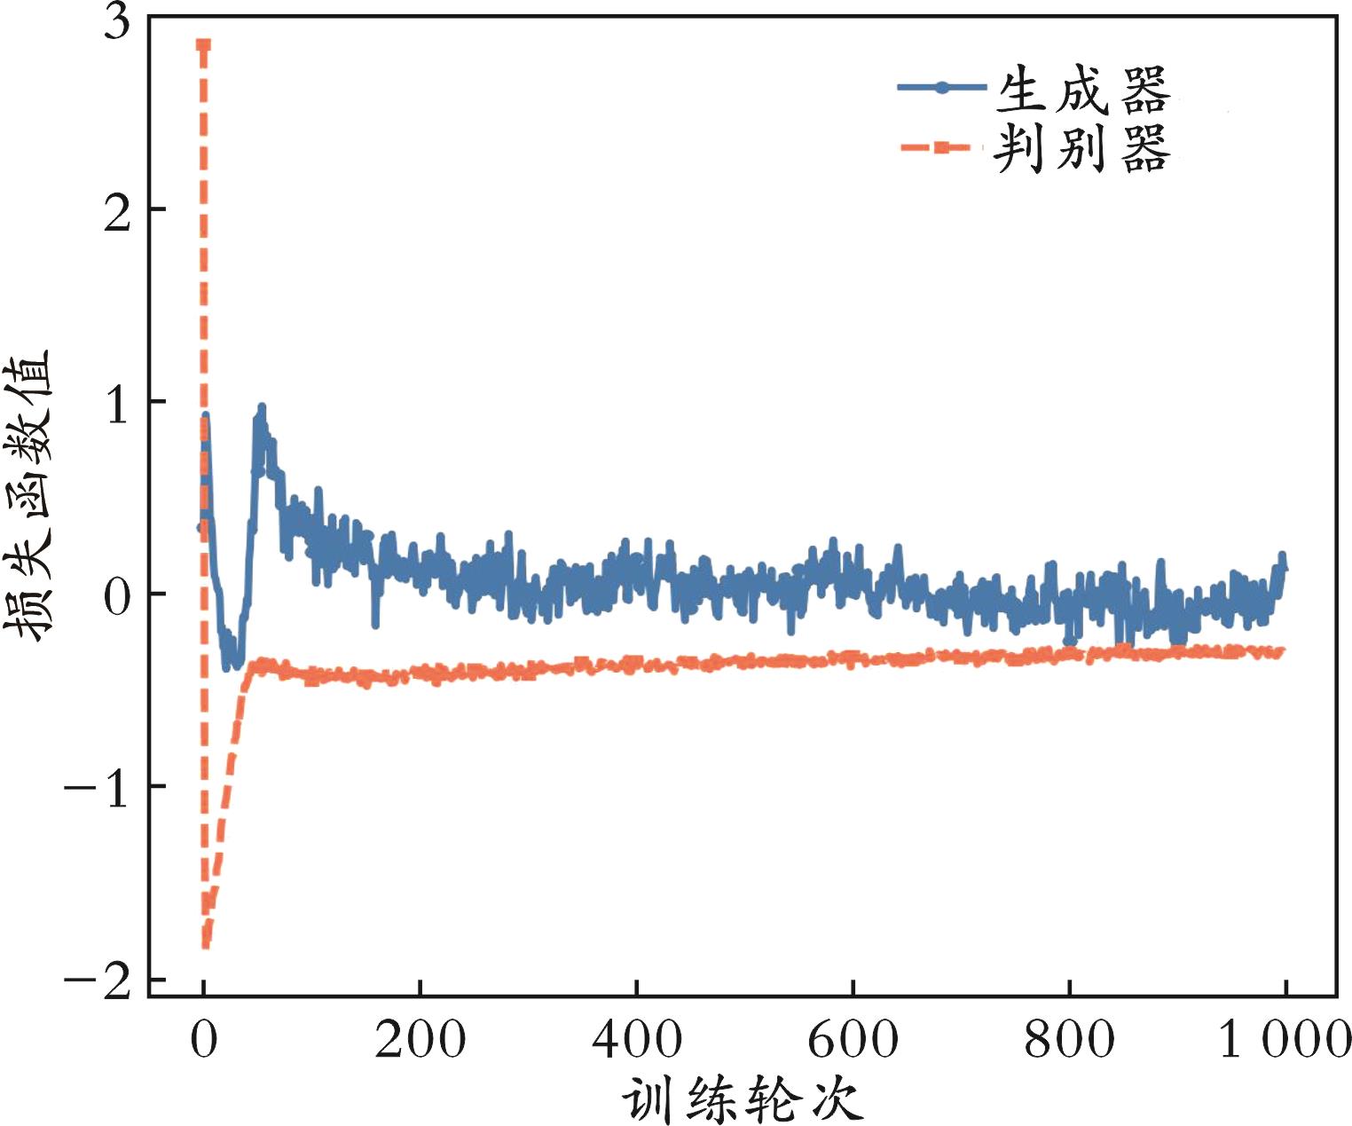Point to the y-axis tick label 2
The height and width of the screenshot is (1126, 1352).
(117, 214)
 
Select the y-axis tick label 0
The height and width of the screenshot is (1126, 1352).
(117, 597)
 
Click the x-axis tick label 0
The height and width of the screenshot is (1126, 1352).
(204, 1039)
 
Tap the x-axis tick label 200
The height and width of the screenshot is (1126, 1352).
(420, 1039)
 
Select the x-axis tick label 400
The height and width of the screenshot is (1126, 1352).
(636, 1039)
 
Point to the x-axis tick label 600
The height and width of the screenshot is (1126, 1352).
(853, 1039)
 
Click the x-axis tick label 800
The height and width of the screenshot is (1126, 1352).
(1069, 1039)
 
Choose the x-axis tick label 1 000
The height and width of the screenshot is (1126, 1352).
(1284, 1039)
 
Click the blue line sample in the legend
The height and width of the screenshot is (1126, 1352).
(941, 87)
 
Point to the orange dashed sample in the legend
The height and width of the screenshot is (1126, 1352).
(941, 147)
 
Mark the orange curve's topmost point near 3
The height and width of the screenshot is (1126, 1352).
(203, 43)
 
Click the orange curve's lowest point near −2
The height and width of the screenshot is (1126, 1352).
(205, 944)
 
